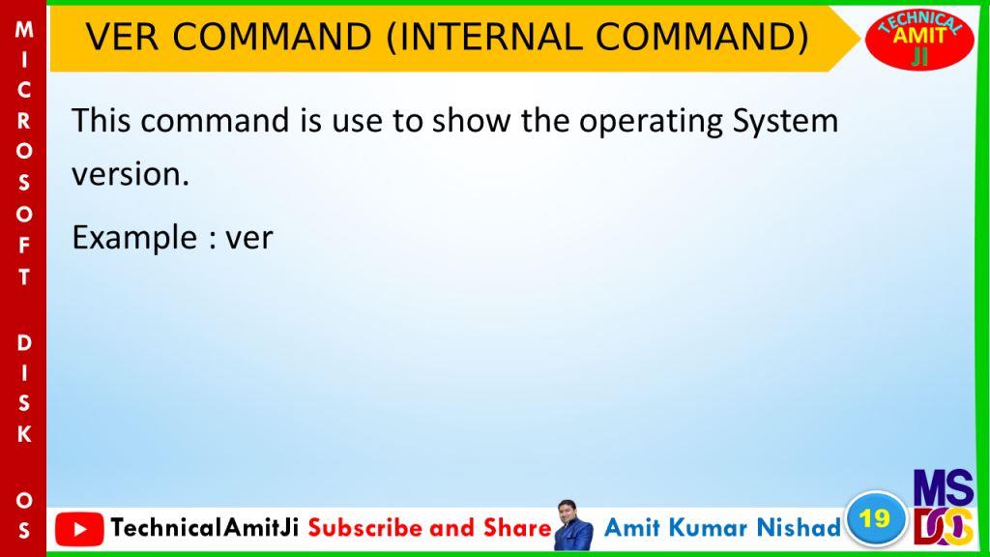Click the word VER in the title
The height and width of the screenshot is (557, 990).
point(122,38)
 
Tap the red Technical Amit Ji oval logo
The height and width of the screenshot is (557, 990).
point(920,39)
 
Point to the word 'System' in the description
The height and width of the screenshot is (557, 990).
point(785,121)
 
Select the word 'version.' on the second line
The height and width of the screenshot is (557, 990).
point(131,174)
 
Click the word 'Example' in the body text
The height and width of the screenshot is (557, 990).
point(134,239)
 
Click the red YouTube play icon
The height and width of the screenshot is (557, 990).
point(79,529)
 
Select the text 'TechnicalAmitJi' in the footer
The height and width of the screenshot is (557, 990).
point(205,528)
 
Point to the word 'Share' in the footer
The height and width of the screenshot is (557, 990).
point(518,528)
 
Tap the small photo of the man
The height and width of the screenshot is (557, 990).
point(573,525)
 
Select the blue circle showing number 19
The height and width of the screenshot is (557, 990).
point(875,518)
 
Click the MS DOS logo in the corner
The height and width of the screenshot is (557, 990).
point(944,508)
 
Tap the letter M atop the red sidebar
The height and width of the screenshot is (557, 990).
point(24,29)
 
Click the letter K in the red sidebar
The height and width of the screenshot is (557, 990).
point(24,434)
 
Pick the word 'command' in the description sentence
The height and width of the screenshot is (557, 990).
point(215,120)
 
